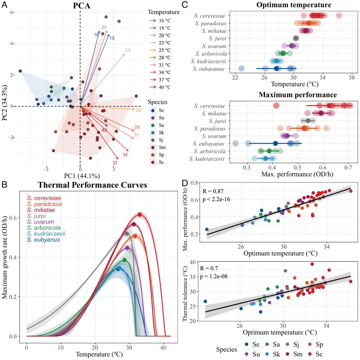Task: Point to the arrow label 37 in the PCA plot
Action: point(115,163)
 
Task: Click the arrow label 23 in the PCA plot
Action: point(128,50)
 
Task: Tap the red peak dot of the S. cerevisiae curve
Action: point(140,215)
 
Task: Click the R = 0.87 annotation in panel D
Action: point(213,191)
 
